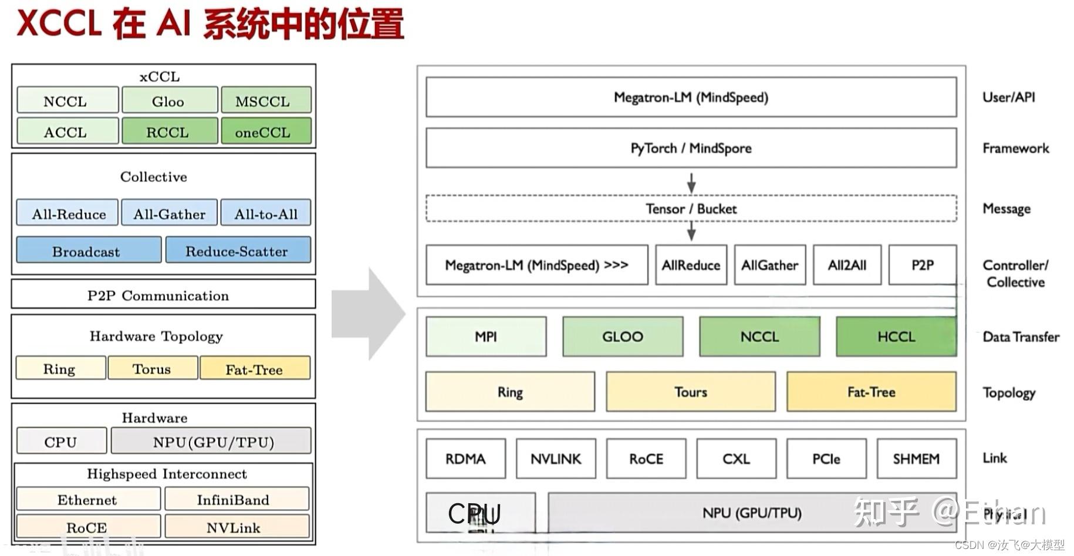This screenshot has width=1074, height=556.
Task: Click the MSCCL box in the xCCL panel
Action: tap(266, 100)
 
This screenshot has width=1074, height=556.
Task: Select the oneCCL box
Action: tap(266, 131)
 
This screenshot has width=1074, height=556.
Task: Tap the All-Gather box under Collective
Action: tap(169, 213)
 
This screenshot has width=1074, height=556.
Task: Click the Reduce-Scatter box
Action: tap(238, 250)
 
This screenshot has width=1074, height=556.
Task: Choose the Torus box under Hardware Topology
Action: tap(153, 368)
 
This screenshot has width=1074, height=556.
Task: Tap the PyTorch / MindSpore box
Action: tap(691, 148)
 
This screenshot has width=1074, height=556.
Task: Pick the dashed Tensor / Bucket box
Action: tap(691, 209)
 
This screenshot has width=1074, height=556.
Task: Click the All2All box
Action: tap(846, 265)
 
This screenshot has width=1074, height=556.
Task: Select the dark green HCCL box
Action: tap(896, 337)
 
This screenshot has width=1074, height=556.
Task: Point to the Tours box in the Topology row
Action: tap(690, 392)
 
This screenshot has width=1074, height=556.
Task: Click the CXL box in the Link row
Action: tap(736, 459)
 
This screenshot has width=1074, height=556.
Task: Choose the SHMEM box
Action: tap(916, 459)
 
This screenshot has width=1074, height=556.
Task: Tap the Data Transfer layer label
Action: tap(1021, 337)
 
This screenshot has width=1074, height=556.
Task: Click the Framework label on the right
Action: tap(1015, 148)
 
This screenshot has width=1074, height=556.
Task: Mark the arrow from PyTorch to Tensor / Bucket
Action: tap(691, 182)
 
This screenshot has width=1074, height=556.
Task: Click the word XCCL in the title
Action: tap(59, 23)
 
